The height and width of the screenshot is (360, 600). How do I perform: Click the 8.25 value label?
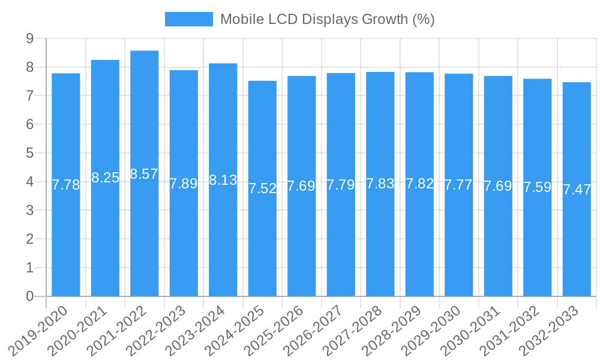(x=105, y=178)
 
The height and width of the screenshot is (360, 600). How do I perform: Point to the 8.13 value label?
(x=223, y=180)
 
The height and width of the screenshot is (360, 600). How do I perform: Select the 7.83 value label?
(x=380, y=184)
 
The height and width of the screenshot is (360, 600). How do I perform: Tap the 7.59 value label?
(x=538, y=187)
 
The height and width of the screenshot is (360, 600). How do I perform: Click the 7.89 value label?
(x=184, y=184)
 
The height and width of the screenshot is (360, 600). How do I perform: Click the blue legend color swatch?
(x=188, y=19)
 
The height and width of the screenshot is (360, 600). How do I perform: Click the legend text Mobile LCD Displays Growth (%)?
(x=327, y=19)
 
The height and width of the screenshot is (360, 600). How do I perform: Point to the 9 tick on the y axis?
(x=29, y=38)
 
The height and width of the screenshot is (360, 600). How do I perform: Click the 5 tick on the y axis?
(x=29, y=153)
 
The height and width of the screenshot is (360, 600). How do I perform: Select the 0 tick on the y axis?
(x=29, y=296)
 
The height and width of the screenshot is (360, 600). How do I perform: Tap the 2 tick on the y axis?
(x=29, y=239)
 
